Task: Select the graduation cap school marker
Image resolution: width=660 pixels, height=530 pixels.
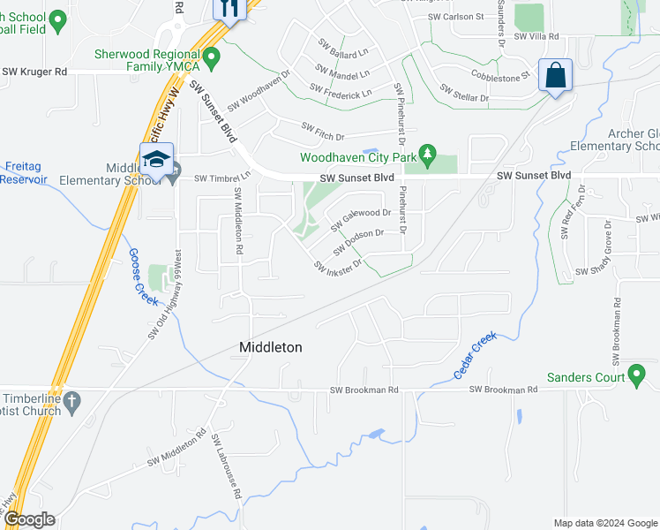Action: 156,160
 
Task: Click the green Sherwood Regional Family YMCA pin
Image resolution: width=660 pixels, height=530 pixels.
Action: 210,59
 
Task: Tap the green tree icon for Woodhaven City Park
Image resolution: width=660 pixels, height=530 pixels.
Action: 428,155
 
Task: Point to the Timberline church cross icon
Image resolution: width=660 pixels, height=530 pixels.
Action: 74,400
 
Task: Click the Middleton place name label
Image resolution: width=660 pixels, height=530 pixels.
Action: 271,348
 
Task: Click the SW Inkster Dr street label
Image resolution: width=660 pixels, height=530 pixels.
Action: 337,265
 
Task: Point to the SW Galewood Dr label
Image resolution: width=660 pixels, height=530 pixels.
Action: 360,219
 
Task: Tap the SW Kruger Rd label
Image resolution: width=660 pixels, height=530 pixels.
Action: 35,72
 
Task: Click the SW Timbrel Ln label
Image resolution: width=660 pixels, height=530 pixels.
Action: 222,177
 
